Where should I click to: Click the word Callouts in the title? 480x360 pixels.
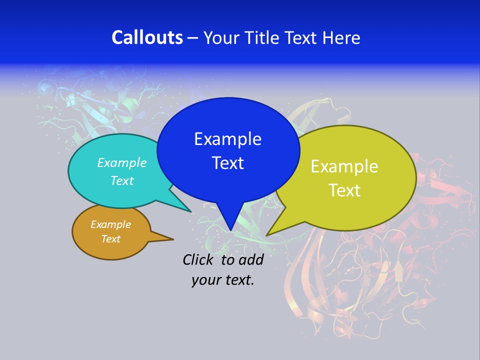pyautogui.click(x=147, y=37)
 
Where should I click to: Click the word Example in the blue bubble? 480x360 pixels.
pyautogui.click(x=227, y=139)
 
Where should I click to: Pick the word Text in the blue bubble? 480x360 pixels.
pyautogui.click(x=227, y=163)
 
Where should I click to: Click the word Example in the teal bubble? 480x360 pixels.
pyautogui.click(x=121, y=163)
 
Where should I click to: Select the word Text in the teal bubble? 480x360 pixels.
pyautogui.click(x=121, y=180)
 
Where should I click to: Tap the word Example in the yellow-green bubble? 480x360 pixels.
pyautogui.click(x=344, y=166)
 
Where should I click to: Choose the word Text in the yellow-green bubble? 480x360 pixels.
pyautogui.click(x=344, y=190)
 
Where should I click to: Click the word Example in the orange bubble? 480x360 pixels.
pyautogui.click(x=110, y=224)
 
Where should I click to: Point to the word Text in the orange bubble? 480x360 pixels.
pyautogui.click(x=110, y=239)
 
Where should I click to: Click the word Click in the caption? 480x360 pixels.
pyautogui.click(x=199, y=259)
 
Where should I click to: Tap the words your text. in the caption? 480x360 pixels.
pyautogui.click(x=222, y=280)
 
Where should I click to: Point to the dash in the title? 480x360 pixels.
pyautogui.click(x=193, y=38)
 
